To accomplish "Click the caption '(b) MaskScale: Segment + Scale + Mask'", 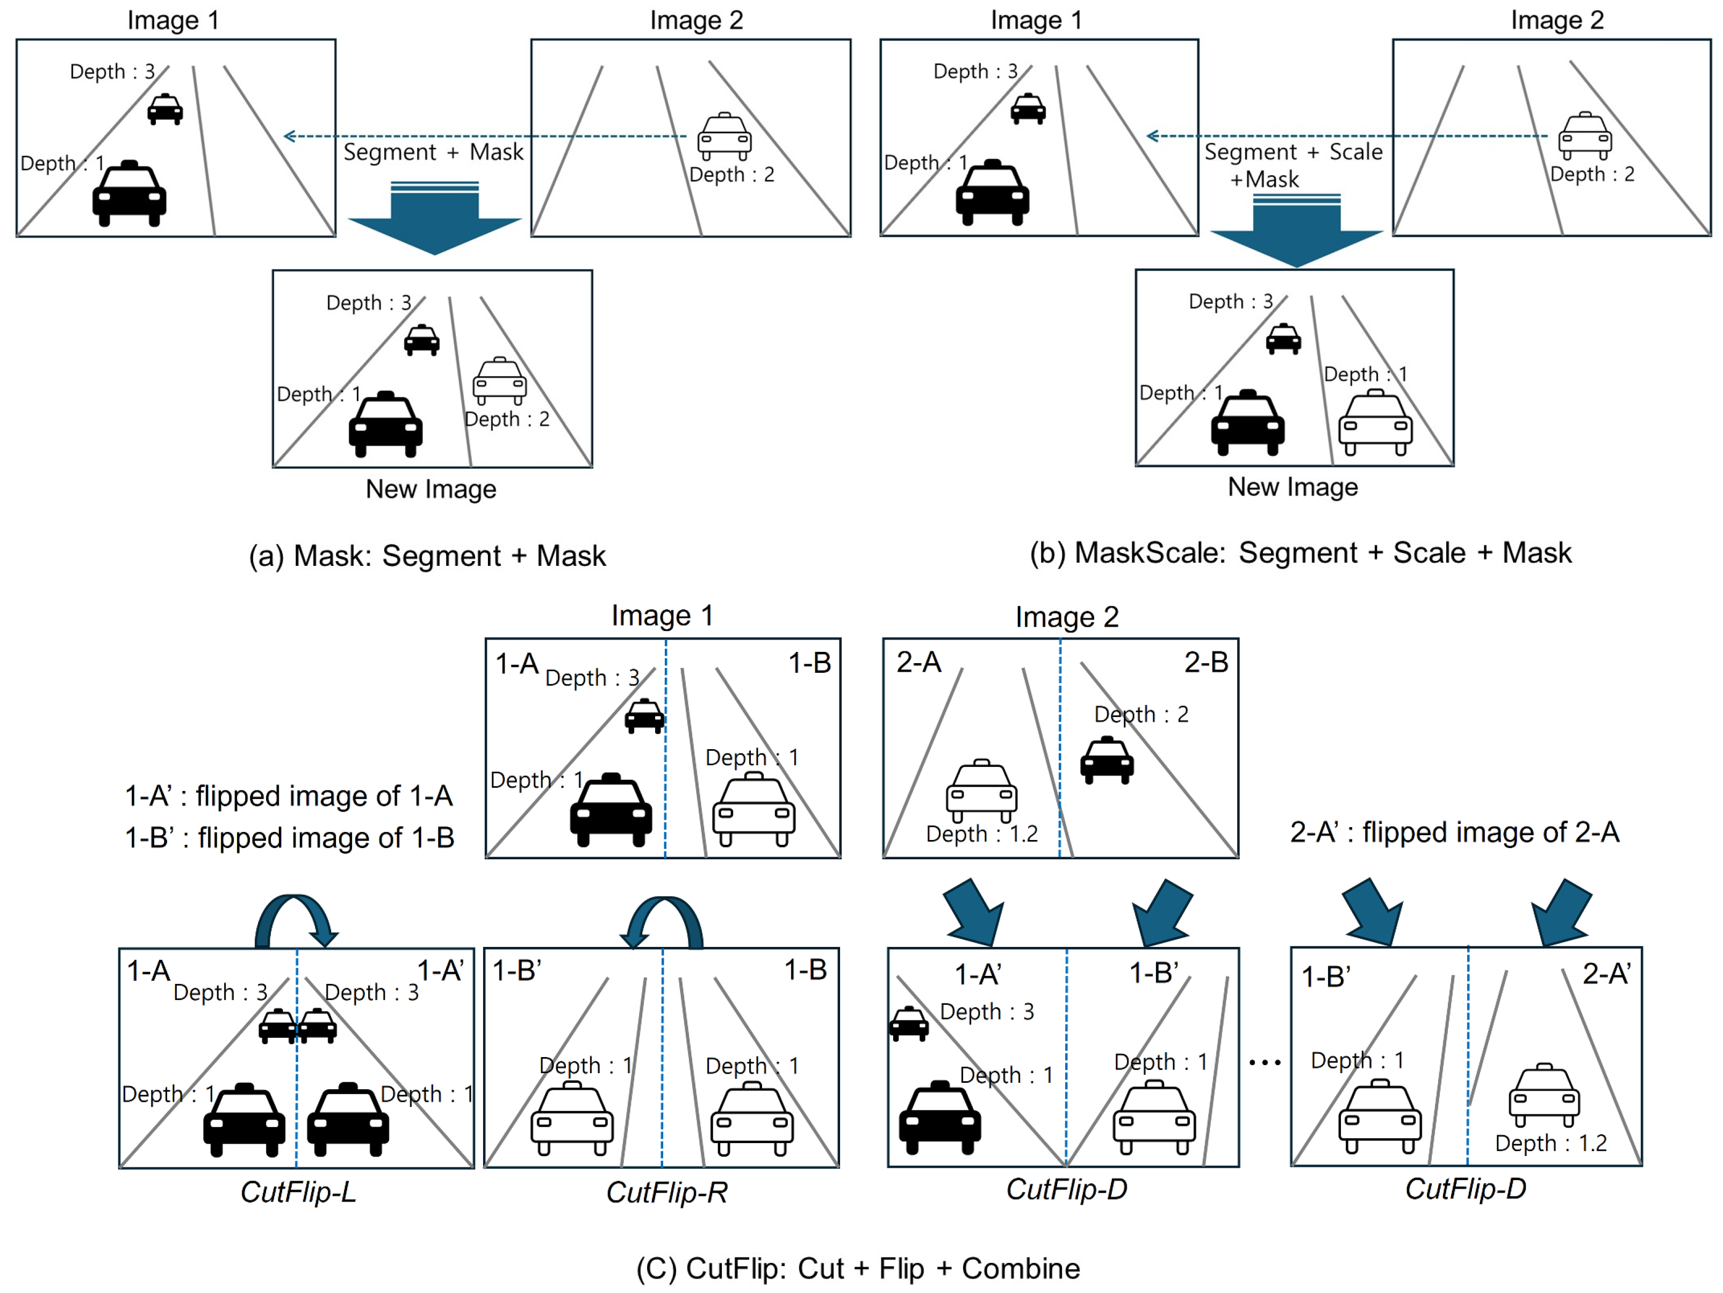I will point(1300,553).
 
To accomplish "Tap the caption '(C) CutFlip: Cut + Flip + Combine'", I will point(858,1269).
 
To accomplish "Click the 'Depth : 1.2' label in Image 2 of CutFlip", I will point(981,834).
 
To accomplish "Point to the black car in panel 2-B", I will point(1107,759).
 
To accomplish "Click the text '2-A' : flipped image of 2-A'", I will point(1454,832).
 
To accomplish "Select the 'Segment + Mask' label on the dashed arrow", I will point(433,152).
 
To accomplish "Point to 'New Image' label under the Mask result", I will point(431,489).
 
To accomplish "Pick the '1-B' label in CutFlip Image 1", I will point(809,663).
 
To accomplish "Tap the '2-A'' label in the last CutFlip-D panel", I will point(1606,974).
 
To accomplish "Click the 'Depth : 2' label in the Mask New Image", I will point(507,420).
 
